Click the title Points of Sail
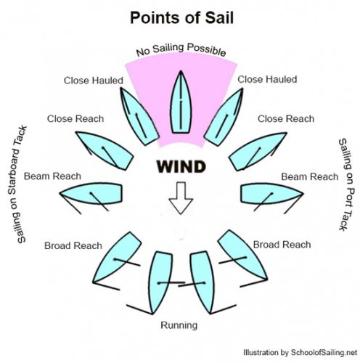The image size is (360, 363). point(181,17)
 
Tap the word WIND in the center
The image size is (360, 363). point(181,166)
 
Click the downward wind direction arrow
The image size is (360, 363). point(181,198)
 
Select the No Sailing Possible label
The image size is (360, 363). point(181,49)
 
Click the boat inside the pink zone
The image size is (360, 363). point(181,102)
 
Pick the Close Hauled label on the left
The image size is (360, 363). point(94,81)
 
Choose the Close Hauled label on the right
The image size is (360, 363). point(267,79)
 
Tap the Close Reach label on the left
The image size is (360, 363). point(75,119)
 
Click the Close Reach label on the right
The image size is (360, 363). point(286,119)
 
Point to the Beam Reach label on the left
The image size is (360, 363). point(52,176)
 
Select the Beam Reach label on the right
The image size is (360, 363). point(310,176)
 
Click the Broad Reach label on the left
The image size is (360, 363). point(73,245)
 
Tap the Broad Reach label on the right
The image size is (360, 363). point(282,245)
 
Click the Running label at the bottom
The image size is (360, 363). point(179,325)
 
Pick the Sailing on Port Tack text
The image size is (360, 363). point(346,184)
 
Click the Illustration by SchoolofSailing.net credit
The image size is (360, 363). point(300,352)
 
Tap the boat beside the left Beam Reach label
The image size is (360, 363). point(91,194)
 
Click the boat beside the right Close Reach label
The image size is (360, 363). point(257,151)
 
